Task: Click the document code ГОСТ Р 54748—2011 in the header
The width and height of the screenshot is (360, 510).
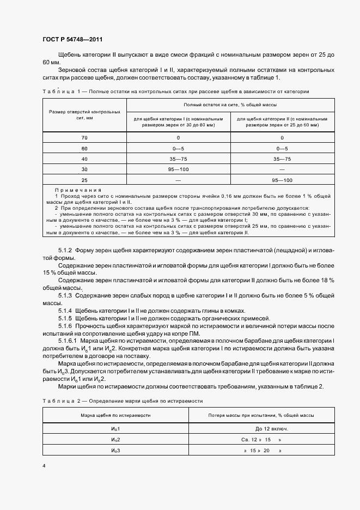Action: pyautogui.click(x=72, y=40)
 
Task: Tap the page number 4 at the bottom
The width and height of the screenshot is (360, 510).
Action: pyautogui.click(x=44, y=466)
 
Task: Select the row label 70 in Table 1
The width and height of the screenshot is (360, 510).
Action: pyautogui.click(x=84, y=138)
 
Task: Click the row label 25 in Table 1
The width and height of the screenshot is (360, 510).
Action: pyautogui.click(x=84, y=180)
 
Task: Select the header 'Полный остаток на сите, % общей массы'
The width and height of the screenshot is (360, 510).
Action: pyautogui.click(x=231, y=104)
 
